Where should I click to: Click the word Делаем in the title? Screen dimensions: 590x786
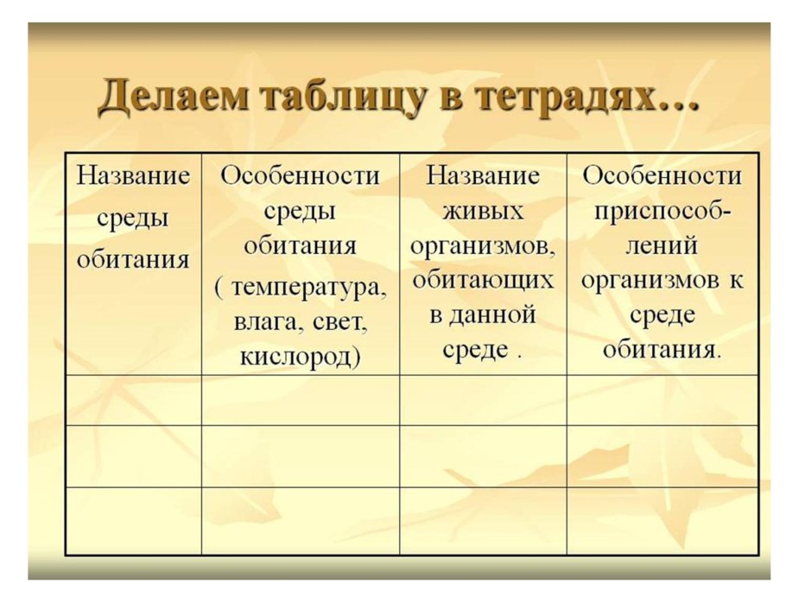[164, 97]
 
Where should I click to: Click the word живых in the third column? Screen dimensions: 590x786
[483, 211]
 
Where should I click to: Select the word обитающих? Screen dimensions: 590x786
[483, 282]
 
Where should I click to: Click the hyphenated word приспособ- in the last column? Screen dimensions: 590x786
[662, 211]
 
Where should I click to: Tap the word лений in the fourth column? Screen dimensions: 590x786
[662, 246]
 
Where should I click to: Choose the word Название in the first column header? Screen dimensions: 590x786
[134, 176]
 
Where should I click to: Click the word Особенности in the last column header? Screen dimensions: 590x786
[662, 176]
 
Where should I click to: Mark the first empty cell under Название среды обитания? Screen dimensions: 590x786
[134, 400]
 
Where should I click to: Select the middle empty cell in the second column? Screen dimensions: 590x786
[301, 456]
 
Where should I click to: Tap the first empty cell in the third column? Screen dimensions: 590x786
[483, 400]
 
